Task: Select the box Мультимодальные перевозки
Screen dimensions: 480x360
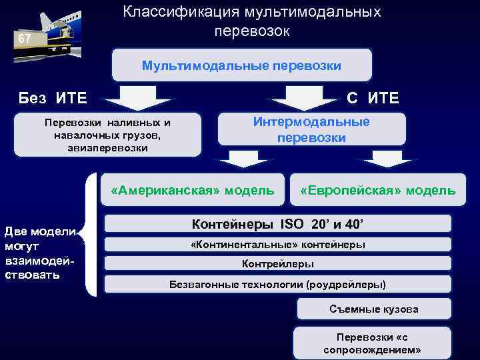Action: tap(241, 66)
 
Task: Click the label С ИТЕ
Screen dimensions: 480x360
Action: tap(373, 99)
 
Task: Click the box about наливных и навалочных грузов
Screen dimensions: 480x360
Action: tap(107, 135)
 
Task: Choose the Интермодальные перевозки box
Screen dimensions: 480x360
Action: tap(311, 130)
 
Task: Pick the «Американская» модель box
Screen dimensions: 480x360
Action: tap(193, 191)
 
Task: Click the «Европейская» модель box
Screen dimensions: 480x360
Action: tap(378, 191)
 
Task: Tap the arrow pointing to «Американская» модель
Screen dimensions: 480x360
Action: tap(241, 160)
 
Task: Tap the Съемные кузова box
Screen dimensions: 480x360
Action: tap(374, 309)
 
